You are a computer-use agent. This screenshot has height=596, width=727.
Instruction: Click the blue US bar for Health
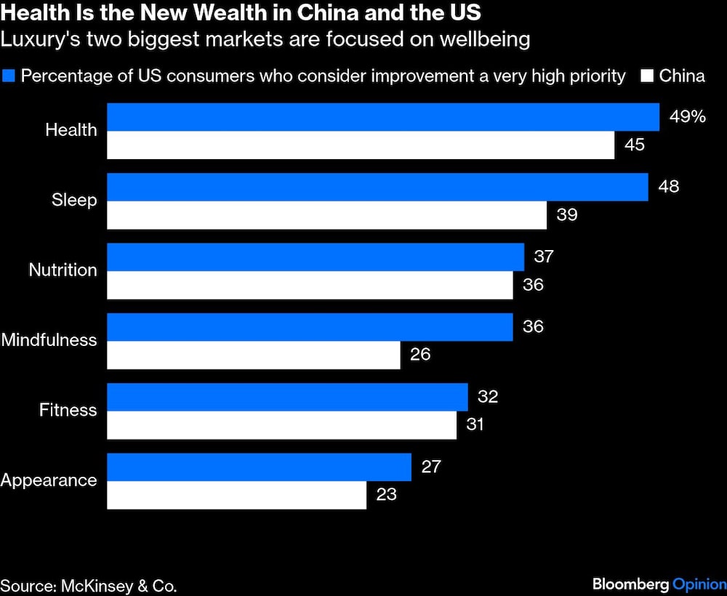point(383,117)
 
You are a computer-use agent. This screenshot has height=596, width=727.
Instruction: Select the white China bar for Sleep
point(326,215)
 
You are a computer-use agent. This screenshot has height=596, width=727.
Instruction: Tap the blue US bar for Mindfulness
point(310,327)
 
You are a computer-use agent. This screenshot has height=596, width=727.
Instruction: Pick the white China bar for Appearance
point(236,495)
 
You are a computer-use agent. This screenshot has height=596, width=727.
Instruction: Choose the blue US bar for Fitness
point(287,397)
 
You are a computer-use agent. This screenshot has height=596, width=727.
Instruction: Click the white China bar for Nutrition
point(310,285)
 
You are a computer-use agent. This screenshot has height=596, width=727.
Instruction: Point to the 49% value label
point(687,117)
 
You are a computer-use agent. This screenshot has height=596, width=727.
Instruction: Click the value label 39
point(567,215)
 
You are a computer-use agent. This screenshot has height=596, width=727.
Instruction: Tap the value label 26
point(420,355)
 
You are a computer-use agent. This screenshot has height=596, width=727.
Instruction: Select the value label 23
point(387,495)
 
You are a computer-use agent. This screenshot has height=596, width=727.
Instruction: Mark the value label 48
point(669,187)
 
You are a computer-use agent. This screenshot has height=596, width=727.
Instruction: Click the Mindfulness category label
point(49,340)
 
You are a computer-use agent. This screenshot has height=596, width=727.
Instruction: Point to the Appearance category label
point(49,480)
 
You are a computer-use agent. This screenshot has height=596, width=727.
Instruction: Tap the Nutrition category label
point(63,270)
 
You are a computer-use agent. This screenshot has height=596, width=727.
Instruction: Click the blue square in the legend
point(9,76)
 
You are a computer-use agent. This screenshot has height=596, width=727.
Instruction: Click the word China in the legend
point(682,76)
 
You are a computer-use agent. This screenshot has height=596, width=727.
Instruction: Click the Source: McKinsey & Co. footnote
point(89,584)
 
